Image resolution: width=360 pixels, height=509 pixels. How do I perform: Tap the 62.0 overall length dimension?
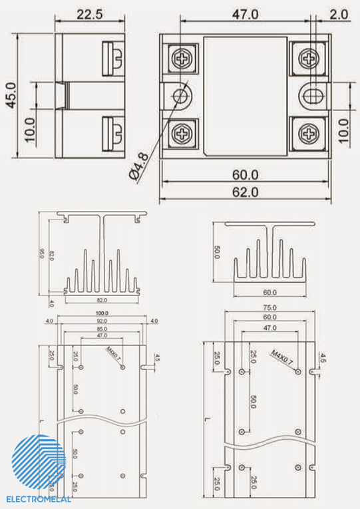(245, 192)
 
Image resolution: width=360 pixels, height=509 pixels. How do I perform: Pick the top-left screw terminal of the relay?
(183, 58)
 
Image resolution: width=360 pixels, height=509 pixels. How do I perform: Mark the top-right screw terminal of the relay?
(309, 58)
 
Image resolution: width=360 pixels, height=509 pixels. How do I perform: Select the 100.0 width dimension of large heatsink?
(101, 313)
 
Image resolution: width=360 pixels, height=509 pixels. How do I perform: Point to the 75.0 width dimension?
(270, 308)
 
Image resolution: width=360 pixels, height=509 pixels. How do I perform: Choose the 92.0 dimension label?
(101, 321)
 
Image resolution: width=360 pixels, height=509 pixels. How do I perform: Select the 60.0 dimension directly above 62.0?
(245, 174)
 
